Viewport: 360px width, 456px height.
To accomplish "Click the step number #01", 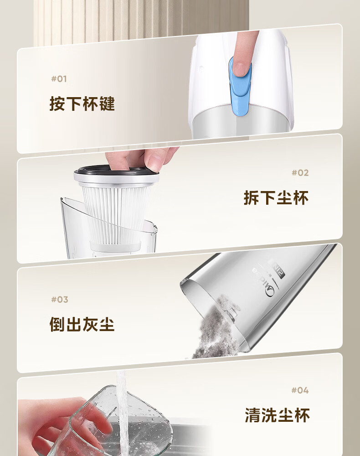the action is (x=59, y=79).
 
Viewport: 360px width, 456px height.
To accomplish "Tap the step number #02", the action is (x=300, y=173).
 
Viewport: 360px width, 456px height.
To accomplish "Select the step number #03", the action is (x=60, y=300).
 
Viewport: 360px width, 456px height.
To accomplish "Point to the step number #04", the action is (x=300, y=390).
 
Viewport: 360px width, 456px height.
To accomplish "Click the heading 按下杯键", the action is (x=82, y=104).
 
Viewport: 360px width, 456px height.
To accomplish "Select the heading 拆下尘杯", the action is (x=276, y=198).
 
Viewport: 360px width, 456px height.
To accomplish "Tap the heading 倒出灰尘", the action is (x=82, y=324).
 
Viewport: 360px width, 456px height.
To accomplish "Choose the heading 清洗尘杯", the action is (x=277, y=415).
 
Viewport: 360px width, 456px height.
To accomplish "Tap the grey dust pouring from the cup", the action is (x=215, y=329).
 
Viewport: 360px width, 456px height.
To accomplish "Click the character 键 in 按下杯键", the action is (x=107, y=104).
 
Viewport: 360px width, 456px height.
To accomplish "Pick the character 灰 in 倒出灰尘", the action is (x=90, y=324).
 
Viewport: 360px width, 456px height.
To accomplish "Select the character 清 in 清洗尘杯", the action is (x=253, y=415).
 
